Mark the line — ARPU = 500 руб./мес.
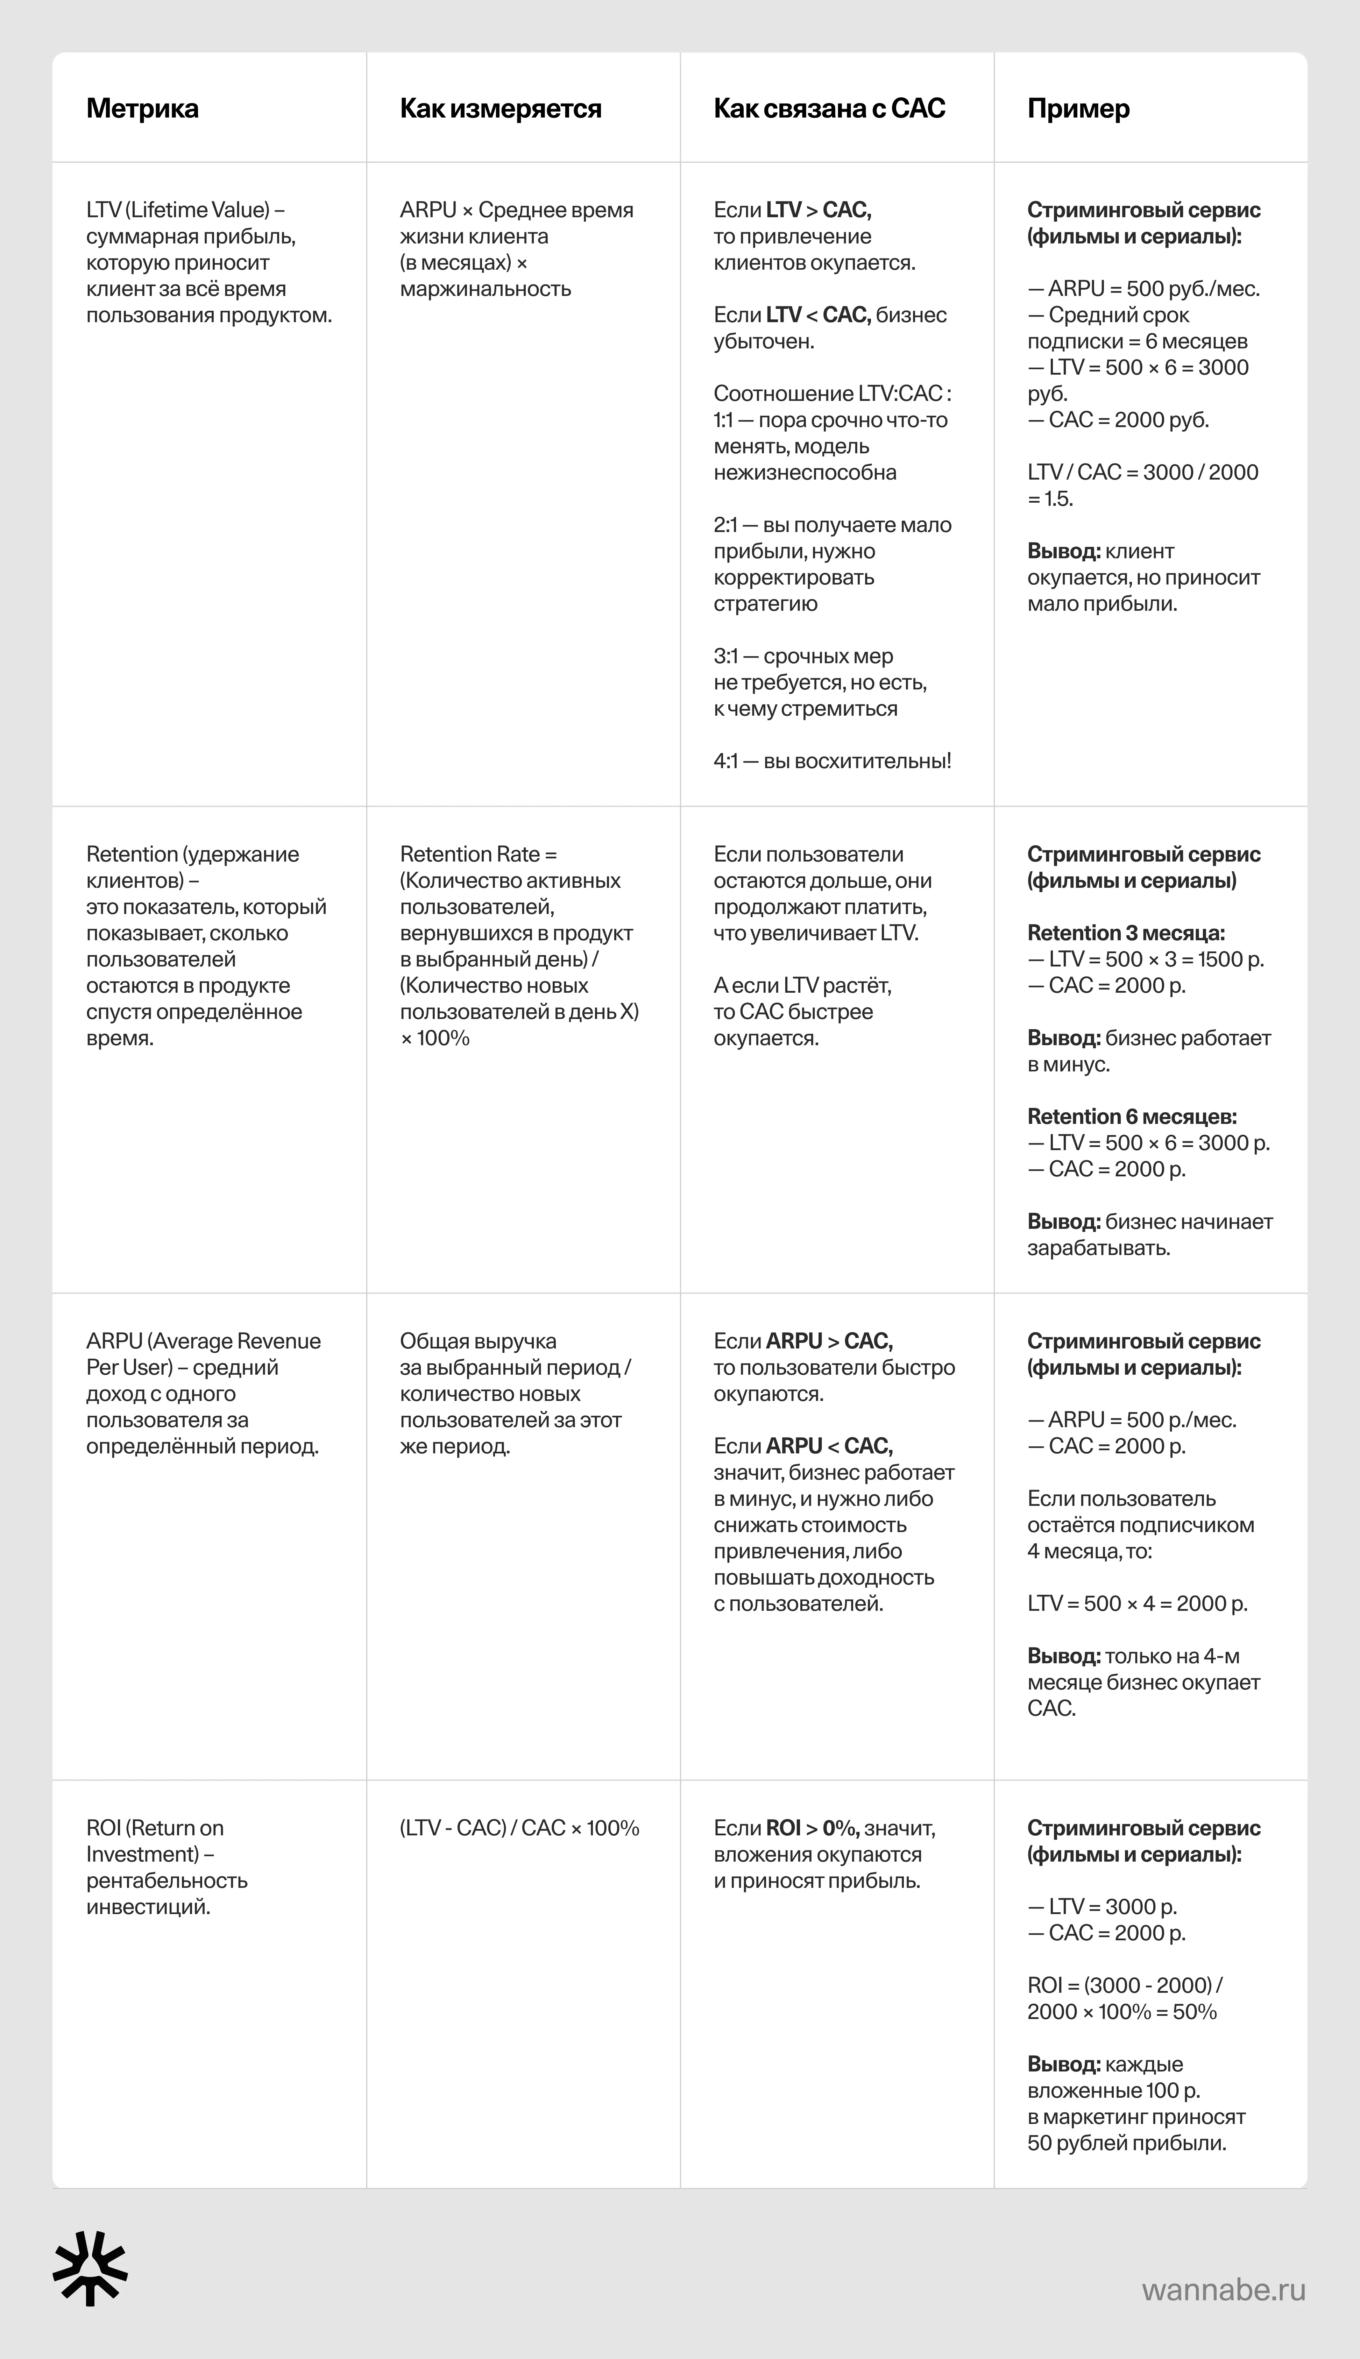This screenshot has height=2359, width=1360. click(x=1143, y=289)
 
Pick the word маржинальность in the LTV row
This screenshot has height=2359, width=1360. click(x=485, y=289)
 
